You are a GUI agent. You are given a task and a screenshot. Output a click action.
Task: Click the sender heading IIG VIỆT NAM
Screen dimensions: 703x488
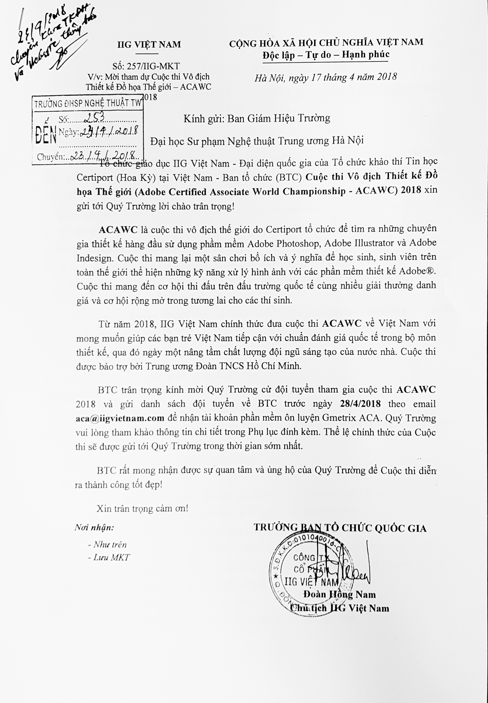149,45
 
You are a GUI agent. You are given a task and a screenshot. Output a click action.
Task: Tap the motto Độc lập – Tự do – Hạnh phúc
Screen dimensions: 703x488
326,55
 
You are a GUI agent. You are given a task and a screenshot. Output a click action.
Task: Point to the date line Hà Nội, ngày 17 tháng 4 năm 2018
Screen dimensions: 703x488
326,77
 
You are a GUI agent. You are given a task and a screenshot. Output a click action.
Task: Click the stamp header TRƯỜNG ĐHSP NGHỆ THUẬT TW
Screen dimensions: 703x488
88,104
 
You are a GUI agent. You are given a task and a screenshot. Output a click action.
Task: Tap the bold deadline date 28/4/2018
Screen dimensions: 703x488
360,404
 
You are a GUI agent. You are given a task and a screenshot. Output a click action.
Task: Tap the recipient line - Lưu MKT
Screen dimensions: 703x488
109,557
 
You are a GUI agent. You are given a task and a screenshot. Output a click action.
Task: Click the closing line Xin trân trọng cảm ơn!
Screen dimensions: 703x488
142,509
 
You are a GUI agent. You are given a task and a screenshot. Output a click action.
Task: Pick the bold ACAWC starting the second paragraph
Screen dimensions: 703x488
118,230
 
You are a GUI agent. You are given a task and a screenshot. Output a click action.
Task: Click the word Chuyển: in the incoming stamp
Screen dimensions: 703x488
50,157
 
